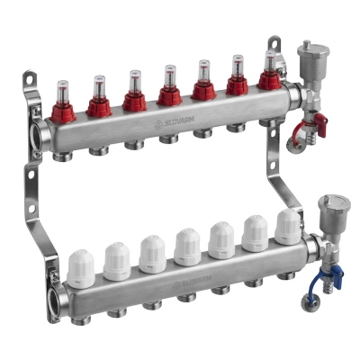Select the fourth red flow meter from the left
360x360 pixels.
pos(167,85)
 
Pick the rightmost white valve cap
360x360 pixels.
pos(287,226)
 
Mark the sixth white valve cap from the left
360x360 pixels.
pos(256,231)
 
